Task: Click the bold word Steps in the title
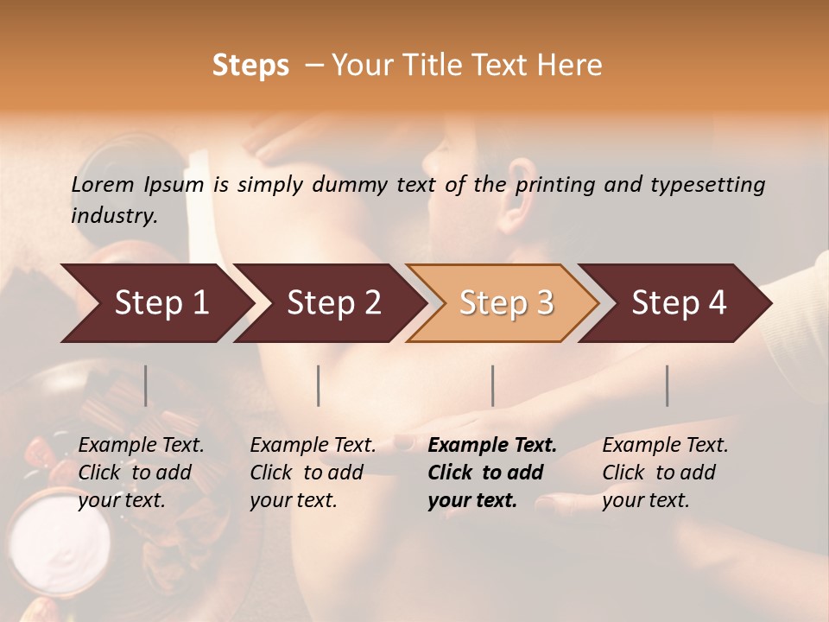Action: click(250, 66)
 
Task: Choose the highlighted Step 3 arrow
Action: click(506, 303)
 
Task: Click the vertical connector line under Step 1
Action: click(146, 385)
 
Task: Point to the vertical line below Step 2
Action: click(319, 385)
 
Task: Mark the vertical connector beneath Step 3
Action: click(493, 385)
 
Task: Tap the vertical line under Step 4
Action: click(668, 385)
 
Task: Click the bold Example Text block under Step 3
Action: click(492, 473)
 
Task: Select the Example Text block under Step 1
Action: click(141, 473)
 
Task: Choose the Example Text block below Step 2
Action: click(313, 473)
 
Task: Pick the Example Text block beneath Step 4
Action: click(665, 473)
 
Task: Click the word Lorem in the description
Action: click(103, 184)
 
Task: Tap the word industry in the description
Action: click(114, 216)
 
